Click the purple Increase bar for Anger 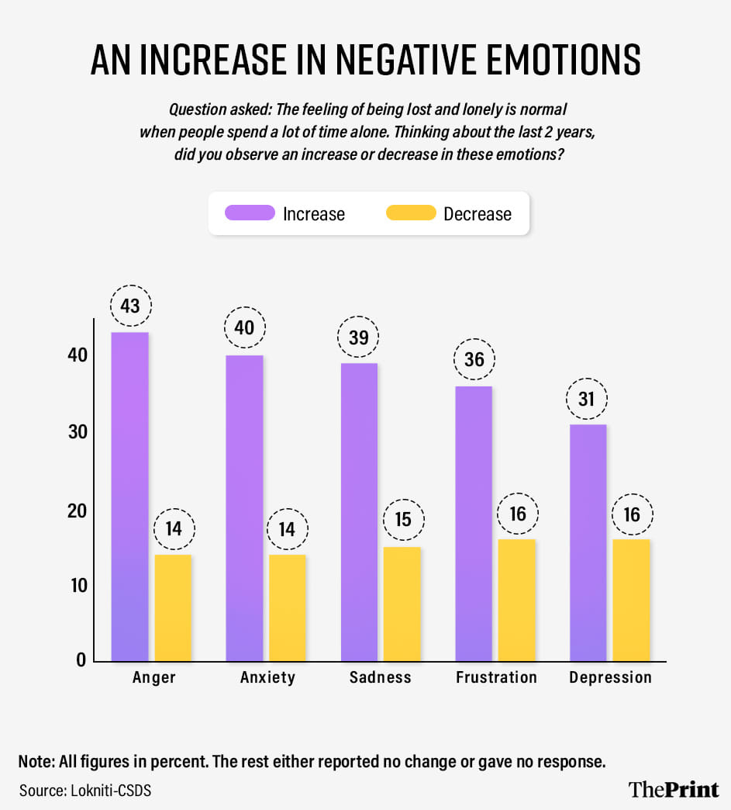pyautogui.click(x=129, y=497)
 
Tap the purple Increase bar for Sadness pyautogui.click(x=359, y=512)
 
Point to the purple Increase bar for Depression pyautogui.click(x=588, y=542)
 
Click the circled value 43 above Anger pyautogui.click(x=129, y=306)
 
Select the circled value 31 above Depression pyautogui.click(x=588, y=399)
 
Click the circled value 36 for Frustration pyautogui.click(x=474, y=360)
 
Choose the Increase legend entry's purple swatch pyautogui.click(x=250, y=213)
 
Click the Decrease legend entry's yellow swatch pyautogui.click(x=410, y=213)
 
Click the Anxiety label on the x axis pyautogui.click(x=267, y=677)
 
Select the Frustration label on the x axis pyautogui.click(x=496, y=677)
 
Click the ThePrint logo pyautogui.click(x=673, y=789)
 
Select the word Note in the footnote pyautogui.click(x=35, y=761)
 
